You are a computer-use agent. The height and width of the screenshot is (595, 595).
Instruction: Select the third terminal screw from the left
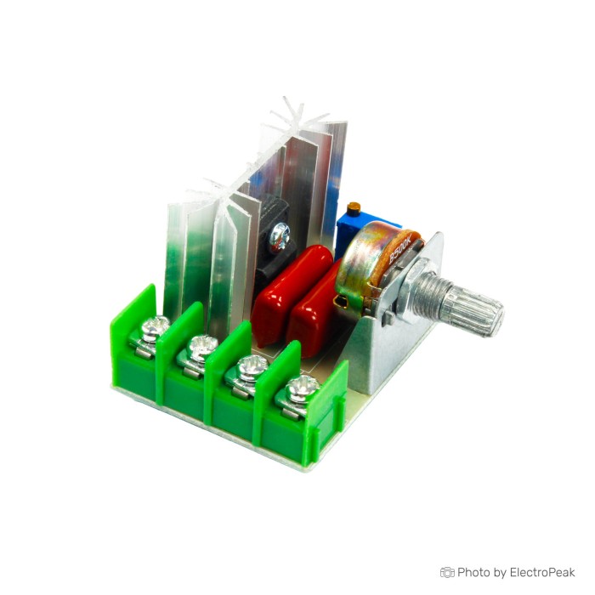click(252, 367)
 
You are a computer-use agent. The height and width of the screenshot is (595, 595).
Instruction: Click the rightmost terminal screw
click(302, 388)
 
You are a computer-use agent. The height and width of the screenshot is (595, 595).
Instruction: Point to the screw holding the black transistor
click(280, 237)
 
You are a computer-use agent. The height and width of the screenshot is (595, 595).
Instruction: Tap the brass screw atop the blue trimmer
click(354, 207)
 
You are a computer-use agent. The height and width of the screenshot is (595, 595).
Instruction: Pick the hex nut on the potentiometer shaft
click(415, 289)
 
